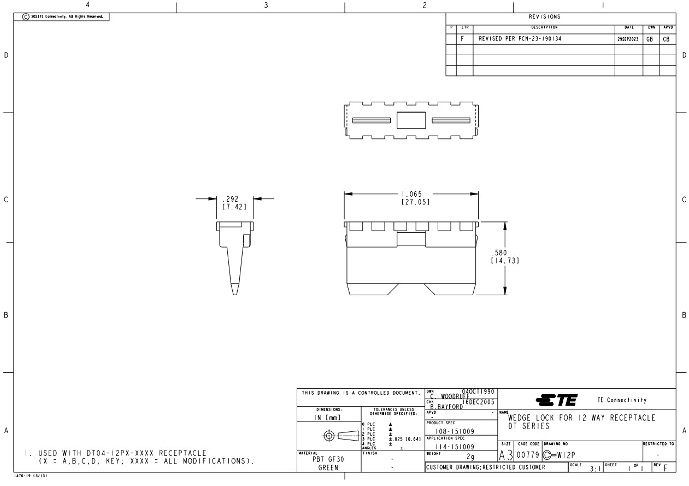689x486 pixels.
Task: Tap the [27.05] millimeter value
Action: point(415,202)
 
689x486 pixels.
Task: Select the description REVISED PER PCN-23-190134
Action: point(520,39)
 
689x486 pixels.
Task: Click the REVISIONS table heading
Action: point(561,17)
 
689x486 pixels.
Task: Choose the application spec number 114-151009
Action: point(446,447)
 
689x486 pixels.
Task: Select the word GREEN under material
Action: point(328,468)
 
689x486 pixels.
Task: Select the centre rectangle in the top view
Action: point(411,120)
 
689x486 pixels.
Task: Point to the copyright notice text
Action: point(62,17)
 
